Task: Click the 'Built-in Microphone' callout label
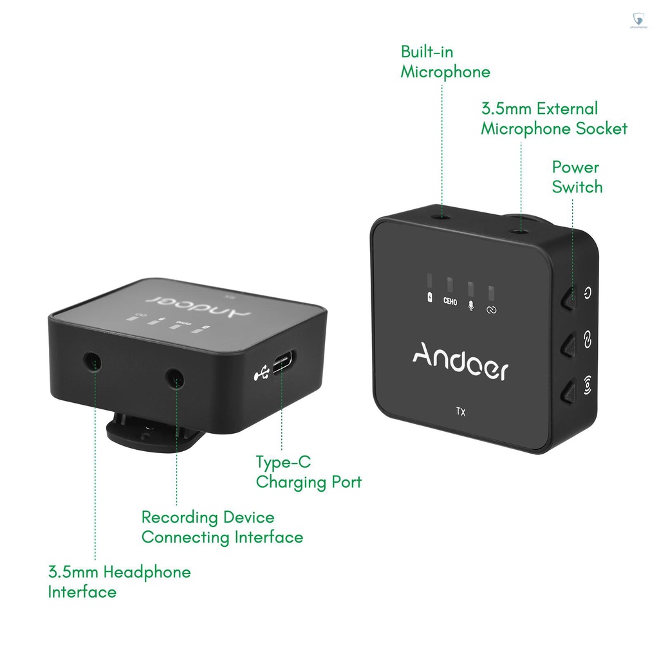click(x=445, y=62)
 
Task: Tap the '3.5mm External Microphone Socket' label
click(x=553, y=118)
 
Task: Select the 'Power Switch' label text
click(x=577, y=177)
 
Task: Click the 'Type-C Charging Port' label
click(x=308, y=472)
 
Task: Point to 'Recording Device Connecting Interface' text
click(x=222, y=527)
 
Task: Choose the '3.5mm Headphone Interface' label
click(x=119, y=582)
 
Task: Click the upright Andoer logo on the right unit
click(x=460, y=363)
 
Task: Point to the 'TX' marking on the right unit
click(x=461, y=413)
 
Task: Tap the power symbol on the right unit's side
click(x=587, y=293)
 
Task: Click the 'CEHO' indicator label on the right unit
click(x=450, y=301)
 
